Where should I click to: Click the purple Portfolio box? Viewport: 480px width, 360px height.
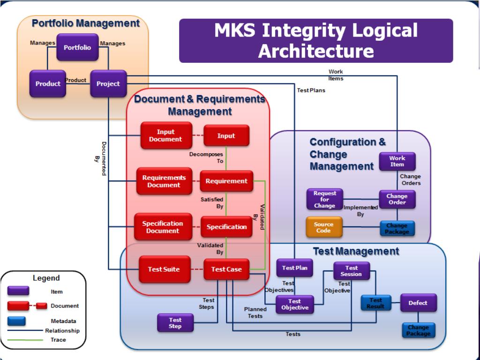point(77,47)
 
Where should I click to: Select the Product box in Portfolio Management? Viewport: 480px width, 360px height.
point(48,84)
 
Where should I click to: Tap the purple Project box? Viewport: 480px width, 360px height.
point(108,84)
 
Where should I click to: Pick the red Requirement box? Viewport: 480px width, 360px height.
point(226,181)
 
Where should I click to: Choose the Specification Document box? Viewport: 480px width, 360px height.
point(163,227)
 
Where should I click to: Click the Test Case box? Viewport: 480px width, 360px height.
point(226,269)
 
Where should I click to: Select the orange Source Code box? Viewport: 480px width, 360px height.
point(323,227)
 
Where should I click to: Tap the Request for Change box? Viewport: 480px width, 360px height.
point(325,199)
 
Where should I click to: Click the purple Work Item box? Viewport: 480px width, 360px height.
point(397,161)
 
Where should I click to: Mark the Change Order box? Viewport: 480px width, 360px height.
point(397,199)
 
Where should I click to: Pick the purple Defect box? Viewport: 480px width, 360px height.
point(418,303)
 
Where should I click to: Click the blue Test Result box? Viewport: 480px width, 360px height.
point(375,303)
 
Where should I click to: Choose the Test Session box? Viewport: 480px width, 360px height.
point(352,271)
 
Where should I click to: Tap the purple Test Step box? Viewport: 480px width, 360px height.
point(175,322)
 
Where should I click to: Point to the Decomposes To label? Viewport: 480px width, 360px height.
point(207,157)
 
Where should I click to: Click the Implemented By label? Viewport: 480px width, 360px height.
point(360,210)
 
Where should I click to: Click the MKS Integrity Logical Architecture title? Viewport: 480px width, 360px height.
point(316,41)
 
